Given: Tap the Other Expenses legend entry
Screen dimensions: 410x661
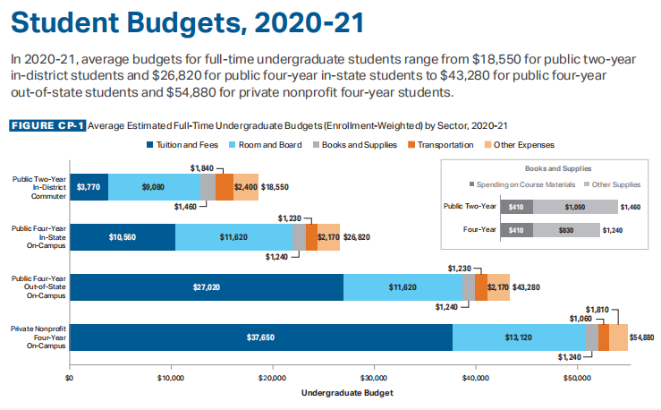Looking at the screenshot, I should (x=521, y=144).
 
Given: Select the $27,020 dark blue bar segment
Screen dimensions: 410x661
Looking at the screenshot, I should (x=206, y=287).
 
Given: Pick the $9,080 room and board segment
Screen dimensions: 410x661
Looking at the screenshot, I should (x=153, y=187).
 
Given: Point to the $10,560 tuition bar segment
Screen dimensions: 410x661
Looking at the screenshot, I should (x=122, y=237).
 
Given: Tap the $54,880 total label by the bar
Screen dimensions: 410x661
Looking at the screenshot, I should (x=642, y=337).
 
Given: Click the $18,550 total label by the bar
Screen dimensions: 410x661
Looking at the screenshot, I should (x=275, y=187).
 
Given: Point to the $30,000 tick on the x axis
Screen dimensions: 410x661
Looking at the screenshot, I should (x=373, y=378).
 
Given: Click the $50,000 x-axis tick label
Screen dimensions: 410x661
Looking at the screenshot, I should (x=576, y=378).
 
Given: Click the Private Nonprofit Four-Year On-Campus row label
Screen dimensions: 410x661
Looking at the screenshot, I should (x=38, y=337).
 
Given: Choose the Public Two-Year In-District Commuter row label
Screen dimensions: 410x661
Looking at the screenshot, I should (x=38, y=187).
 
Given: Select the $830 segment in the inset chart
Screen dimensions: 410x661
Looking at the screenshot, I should (x=566, y=230).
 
